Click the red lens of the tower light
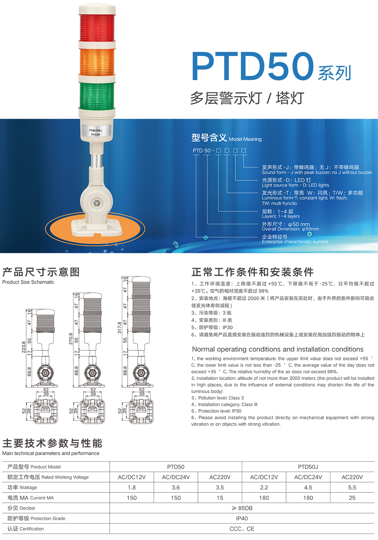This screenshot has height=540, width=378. (97, 28)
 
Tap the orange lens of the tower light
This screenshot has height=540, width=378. (97, 62)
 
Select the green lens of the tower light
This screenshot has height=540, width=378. (97, 96)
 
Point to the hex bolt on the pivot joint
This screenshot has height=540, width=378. (97, 204)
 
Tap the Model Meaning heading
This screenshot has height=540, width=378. (245, 139)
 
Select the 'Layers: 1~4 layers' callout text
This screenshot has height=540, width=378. (281, 216)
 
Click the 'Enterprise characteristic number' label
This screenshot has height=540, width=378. (295, 242)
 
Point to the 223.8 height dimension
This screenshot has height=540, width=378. (24, 347)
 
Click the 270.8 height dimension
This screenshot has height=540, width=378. (71, 339)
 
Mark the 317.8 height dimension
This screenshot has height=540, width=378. (119, 328)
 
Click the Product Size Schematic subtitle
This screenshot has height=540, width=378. (28, 282)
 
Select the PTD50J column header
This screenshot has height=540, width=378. (308, 467)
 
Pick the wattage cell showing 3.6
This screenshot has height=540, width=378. (176, 488)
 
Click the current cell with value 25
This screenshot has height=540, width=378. (352, 498)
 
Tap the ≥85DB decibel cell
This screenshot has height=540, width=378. (242, 508)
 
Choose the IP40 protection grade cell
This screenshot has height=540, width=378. (242, 519)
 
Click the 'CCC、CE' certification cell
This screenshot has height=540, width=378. (242, 529)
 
